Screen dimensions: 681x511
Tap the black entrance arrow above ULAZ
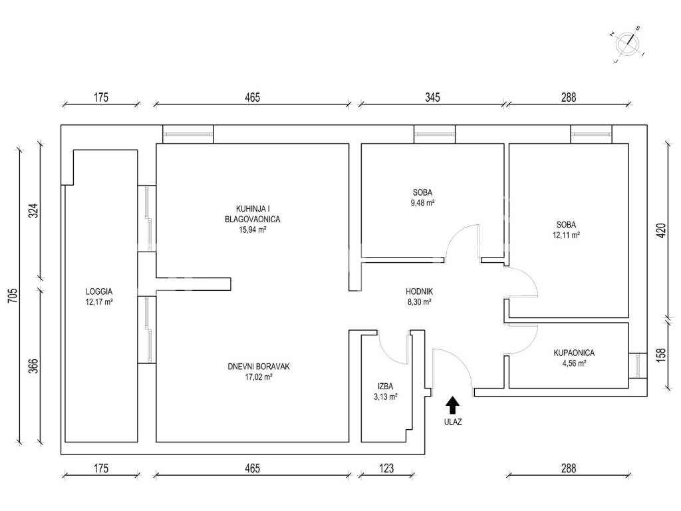[452, 405]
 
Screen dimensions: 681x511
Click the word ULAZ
[452, 421]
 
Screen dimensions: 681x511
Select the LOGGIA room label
[99, 291]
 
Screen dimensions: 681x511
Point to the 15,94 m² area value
[252, 230]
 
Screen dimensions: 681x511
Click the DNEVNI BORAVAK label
[259, 367]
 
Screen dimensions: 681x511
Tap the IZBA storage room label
[385, 386]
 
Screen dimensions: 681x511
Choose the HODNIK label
[419, 291]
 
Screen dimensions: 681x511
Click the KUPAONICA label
[574, 353]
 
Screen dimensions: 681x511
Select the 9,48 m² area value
[422, 202]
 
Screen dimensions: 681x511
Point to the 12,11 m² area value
[566, 235]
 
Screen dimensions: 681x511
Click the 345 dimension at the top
[432, 97]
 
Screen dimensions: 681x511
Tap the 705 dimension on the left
[13, 295]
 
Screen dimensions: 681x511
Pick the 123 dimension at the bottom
[386, 468]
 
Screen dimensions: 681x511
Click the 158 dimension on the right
[660, 355]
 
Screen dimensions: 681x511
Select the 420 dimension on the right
[660, 230]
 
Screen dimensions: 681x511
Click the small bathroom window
[638, 365]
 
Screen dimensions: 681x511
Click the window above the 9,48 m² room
[434, 134]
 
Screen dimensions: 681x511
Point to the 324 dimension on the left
[34, 211]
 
